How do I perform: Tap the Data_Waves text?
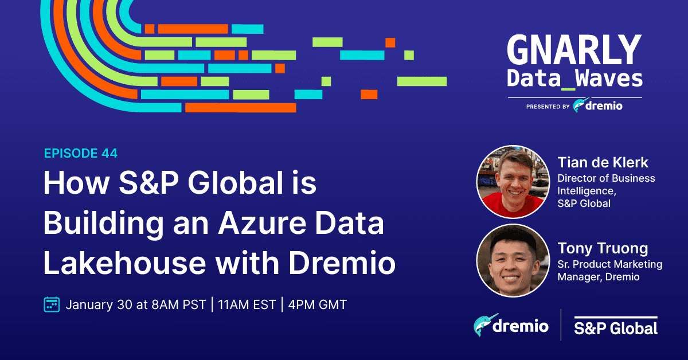pos(574,79)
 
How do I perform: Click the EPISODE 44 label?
pos(81,153)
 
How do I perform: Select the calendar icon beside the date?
pos(52,304)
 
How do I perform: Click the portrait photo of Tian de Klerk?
pos(513,182)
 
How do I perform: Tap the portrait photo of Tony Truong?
pos(513,260)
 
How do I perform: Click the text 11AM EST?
pos(246,304)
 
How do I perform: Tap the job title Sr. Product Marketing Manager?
pos(609,271)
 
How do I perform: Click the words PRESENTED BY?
pos(547,107)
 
